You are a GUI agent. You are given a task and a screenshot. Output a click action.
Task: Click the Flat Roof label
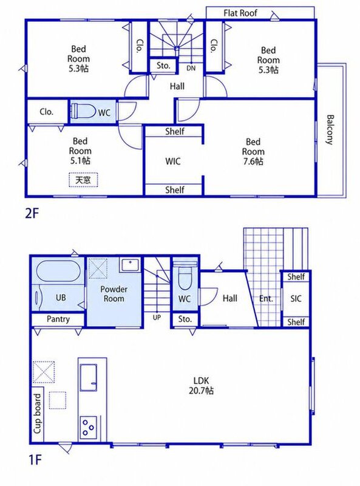(x=240, y=13)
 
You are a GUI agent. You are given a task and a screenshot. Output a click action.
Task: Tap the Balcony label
(x=330, y=130)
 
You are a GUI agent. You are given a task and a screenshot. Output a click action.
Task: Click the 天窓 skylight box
(x=83, y=180)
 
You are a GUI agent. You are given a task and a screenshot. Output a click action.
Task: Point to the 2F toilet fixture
(x=83, y=111)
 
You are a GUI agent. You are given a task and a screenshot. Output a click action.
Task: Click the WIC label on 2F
(x=172, y=161)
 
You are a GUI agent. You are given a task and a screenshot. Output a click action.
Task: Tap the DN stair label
(x=191, y=68)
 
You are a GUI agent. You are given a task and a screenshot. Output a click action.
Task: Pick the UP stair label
(x=157, y=317)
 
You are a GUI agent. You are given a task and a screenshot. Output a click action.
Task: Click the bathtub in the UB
(x=58, y=271)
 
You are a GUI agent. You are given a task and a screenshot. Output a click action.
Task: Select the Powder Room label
(x=114, y=294)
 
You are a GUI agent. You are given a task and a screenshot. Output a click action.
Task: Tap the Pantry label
(x=58, y=319)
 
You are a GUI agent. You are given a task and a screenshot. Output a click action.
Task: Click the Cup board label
(x=37, y=414)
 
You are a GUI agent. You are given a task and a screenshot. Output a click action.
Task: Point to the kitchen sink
(x=89, y=377)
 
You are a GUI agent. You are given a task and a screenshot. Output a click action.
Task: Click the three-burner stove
(x=88, y=427)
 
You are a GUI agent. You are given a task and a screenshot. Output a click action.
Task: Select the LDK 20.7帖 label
(x=202, y=385)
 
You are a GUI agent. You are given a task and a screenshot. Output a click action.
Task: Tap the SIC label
(x=296, y=299)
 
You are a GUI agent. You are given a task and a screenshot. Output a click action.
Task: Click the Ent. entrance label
(x=266, y=299)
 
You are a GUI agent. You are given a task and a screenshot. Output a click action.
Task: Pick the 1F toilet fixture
(x=185, y=276)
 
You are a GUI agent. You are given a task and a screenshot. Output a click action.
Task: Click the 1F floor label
(x=35, y=460)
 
